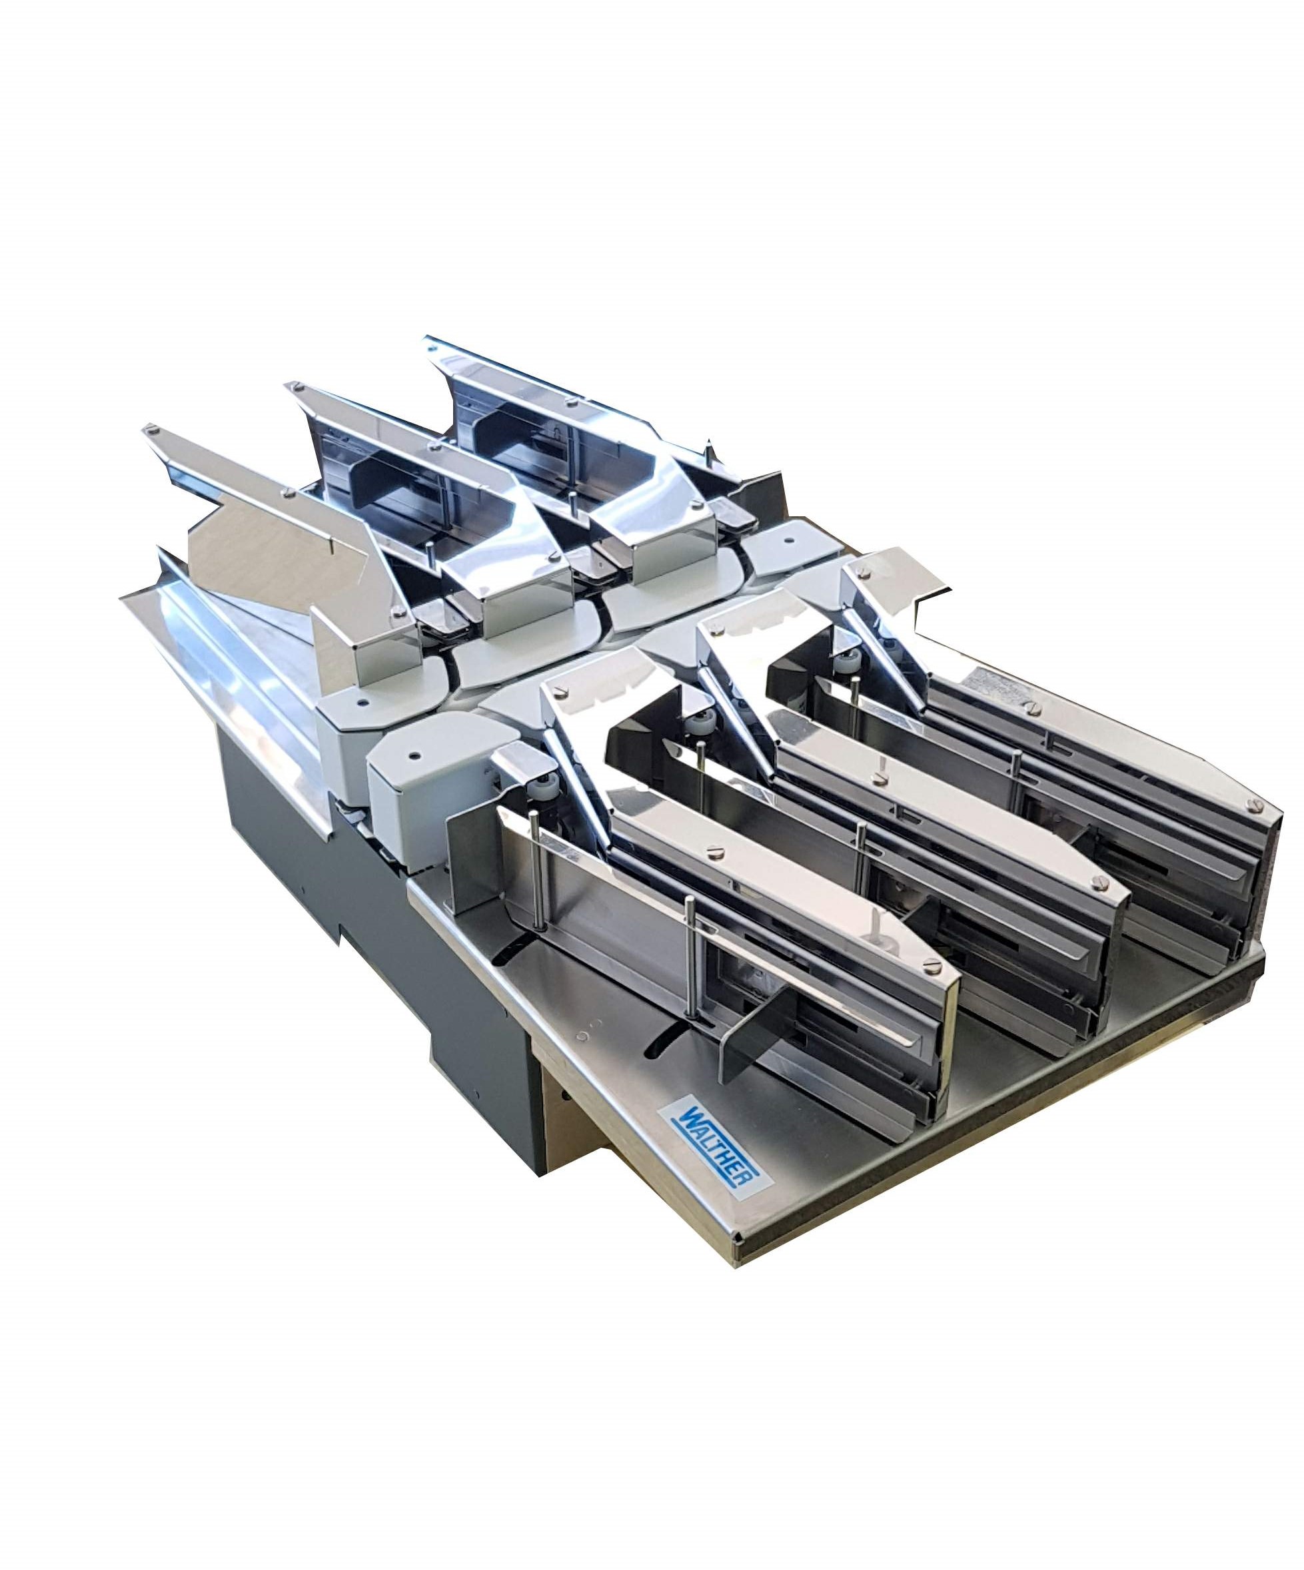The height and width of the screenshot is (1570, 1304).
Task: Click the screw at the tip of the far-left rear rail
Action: click(x=153, y=429)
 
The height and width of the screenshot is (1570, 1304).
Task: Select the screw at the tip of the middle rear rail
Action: click(x=299, y=387)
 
